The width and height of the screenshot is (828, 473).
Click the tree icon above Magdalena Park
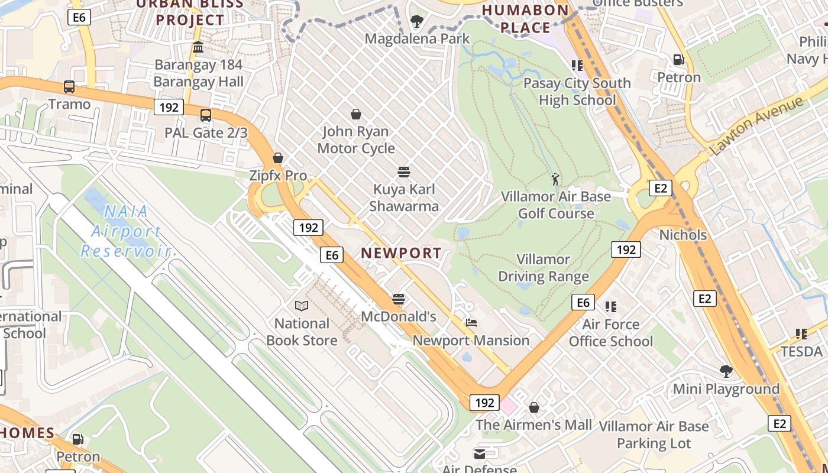coord(417,22)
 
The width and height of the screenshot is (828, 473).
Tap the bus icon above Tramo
coord(69,87)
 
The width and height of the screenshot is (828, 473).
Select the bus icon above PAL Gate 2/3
coord(206,115)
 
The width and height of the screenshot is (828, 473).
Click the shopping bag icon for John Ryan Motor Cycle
coord(356,114)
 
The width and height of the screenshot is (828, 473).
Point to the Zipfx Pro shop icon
coord(278,158)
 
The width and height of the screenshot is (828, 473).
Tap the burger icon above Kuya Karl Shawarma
coord(405,172)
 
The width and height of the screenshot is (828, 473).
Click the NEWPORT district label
coord(401,253)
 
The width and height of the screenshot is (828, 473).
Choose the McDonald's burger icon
coord(399,299)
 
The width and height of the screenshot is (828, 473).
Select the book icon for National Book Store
coord(302,306)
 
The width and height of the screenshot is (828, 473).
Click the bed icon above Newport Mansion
coord(471,323)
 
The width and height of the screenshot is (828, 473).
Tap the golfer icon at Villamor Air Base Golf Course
coord(555,179)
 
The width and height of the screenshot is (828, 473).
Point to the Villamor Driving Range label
coord(544,268)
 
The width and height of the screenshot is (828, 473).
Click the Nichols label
coord(683,235)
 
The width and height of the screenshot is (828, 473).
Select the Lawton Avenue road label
coord(757,125)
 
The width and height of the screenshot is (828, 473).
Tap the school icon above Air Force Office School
coord(611,307)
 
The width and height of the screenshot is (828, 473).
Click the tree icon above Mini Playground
coord(726,371)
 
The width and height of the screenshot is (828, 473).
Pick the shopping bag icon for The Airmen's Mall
coord(534,407)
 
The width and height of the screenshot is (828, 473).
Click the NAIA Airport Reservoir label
coord(125,231)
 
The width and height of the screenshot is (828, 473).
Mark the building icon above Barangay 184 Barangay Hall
coord(198,47)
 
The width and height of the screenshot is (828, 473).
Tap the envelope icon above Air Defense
coord(480,453)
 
